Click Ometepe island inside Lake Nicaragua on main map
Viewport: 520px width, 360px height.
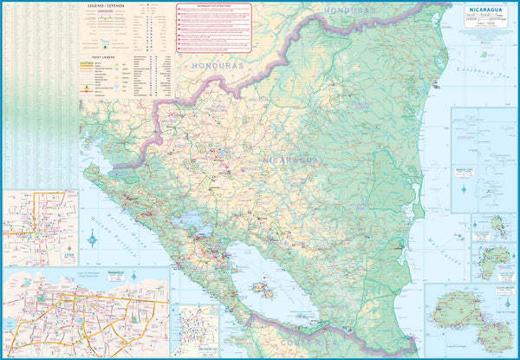click(x=259, y=288)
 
